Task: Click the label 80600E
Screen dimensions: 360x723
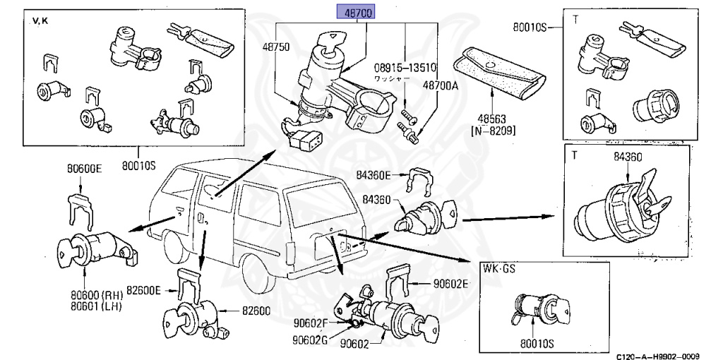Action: [85, 169]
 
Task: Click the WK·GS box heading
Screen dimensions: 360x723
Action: [501, 269]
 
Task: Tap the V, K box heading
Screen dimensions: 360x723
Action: [40, 21]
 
